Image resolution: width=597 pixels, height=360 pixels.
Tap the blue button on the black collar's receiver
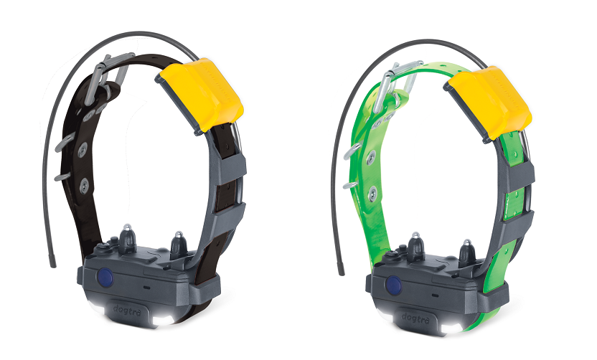point(105,278)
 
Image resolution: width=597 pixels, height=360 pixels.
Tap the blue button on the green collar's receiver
point(394,285)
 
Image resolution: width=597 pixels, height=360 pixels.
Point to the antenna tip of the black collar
point(53,263)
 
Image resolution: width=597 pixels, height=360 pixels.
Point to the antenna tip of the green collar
point(342,271)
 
